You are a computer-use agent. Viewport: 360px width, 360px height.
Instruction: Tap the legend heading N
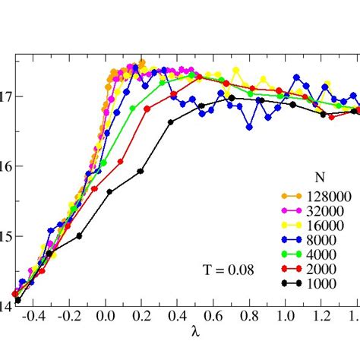(321, 178)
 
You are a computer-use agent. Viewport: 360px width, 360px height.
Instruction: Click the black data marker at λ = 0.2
(141, 172)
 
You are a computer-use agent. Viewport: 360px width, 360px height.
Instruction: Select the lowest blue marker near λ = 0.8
(250, 128)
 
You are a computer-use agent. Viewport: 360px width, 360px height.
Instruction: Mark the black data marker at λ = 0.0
(110, 192)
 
